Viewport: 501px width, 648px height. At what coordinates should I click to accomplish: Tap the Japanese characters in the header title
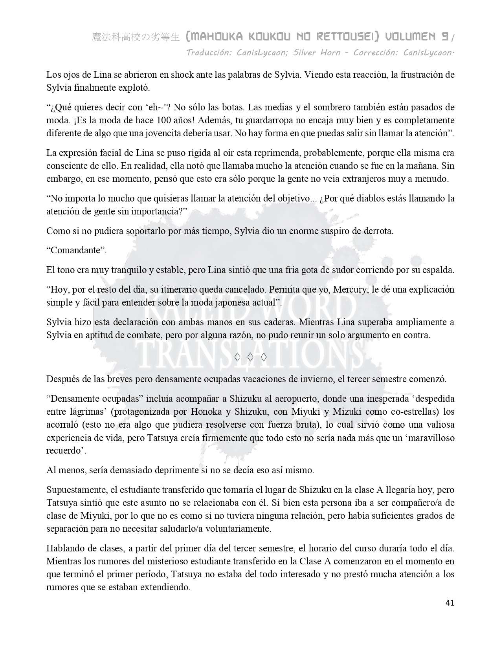(x=136, y=37)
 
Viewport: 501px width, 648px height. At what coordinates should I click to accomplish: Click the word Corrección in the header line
(x=376, y=53)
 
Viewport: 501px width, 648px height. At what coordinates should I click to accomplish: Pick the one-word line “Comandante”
(x=77, y=251)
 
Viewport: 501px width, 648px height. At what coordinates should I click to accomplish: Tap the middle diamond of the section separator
(x=250, y=357)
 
